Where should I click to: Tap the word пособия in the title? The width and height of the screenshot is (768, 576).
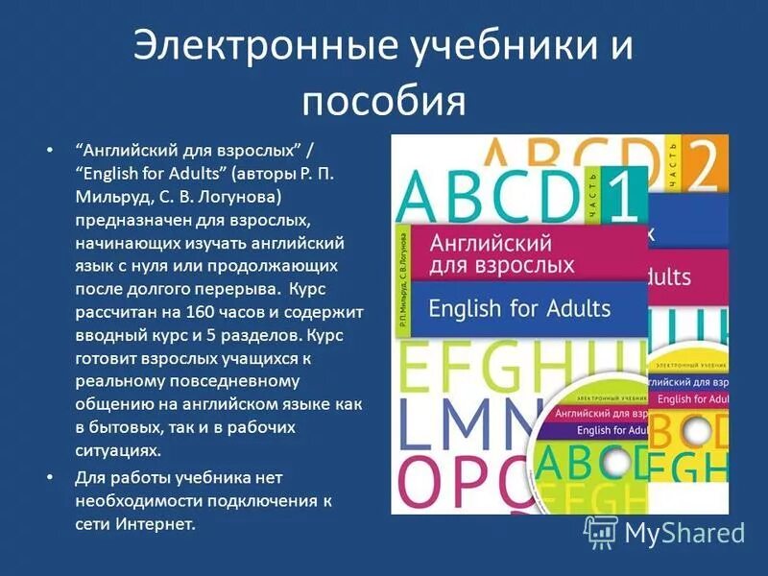383,100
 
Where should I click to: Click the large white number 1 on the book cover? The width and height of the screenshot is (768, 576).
624,196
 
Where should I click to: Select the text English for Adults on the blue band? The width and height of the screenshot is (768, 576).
519,308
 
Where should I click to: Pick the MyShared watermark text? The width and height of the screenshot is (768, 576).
684,531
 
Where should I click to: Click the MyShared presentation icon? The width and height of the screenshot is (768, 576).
601,531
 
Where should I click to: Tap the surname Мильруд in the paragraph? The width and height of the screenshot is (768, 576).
107,196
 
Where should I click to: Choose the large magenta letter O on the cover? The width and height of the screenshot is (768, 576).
430,484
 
